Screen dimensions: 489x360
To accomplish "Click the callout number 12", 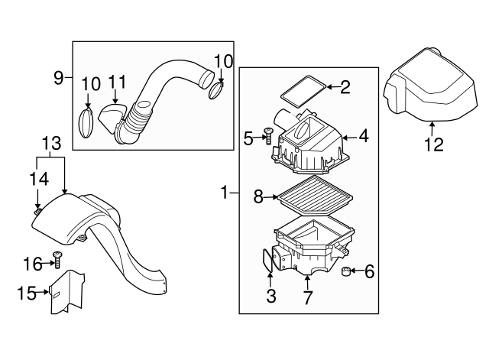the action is pos(434,144).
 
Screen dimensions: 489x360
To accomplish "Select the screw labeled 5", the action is pos(267,135).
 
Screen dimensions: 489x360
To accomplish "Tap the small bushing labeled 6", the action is pos(346,271).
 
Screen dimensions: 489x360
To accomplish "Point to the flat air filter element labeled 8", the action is pos(315,196).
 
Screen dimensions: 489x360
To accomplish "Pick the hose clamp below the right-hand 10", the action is pos(215,91).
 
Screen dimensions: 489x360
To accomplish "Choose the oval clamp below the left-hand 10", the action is pos(86,123).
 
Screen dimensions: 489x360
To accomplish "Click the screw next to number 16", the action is pos(57,260).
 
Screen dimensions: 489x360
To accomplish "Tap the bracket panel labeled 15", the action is pos(66,292).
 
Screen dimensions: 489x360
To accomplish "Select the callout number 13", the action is pos(51,144).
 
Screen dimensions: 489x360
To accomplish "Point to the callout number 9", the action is pos(59,78).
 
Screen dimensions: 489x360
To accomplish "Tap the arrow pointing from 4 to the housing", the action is pos(350,138).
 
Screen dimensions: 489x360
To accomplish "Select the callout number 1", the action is pos(225,193).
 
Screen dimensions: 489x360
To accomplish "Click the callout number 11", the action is pos(117,82).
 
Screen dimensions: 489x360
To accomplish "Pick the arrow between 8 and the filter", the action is pos(270,197).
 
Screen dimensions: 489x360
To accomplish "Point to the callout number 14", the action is pos(39,179).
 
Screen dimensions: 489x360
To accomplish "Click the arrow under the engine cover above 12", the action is pos(432,128).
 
